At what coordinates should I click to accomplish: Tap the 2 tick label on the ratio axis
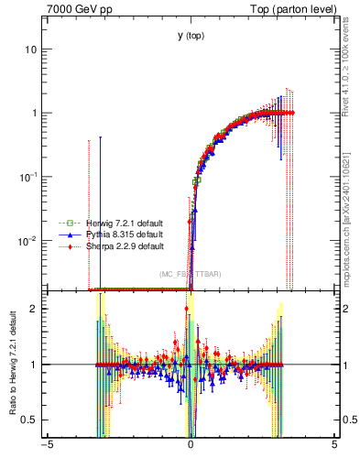(x=37, y=309)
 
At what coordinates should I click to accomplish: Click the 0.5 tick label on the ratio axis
(x=32, y=420)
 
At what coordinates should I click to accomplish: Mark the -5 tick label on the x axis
(x=47, y=446)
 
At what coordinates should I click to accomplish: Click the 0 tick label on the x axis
(x=191, y=446)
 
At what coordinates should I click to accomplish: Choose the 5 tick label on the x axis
(x=334, y=446)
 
